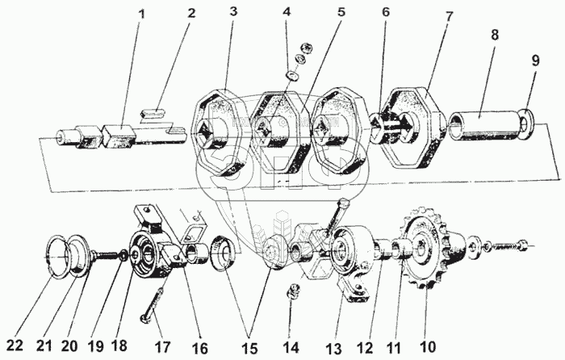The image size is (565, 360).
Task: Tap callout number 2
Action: coord(191,14)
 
